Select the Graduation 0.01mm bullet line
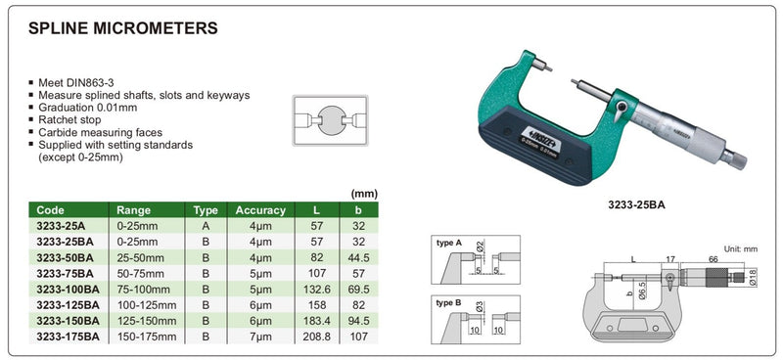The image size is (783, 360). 94,107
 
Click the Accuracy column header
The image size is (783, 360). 259,210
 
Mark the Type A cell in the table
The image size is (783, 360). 204,225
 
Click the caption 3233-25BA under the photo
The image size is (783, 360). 625,206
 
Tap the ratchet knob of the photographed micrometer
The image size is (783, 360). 733,157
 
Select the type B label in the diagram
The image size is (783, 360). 449,303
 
